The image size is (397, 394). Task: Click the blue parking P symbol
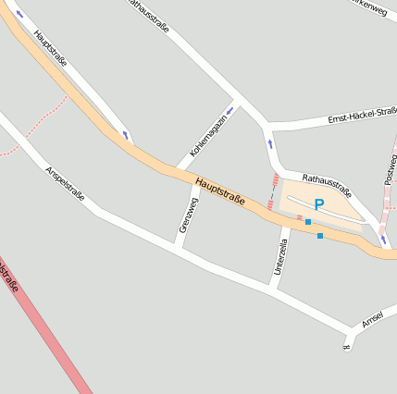[x=318, y=204]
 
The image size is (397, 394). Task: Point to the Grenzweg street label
[x=186, y=215]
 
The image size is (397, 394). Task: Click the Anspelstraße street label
[x=65, y=183]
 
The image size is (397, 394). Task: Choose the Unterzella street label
[x=280, y=256]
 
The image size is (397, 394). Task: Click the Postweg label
[x=391, y=169]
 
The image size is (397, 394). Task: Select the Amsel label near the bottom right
[x=372, y=319]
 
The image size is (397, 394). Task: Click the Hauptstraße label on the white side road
[x=50, y=48]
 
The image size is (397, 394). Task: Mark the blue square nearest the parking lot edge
[x=308, y=222]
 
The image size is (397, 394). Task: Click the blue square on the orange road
[x=320, y=236]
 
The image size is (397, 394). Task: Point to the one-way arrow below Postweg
[x=382, y=239]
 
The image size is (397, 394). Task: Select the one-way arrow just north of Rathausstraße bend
[x=269, y=144]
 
